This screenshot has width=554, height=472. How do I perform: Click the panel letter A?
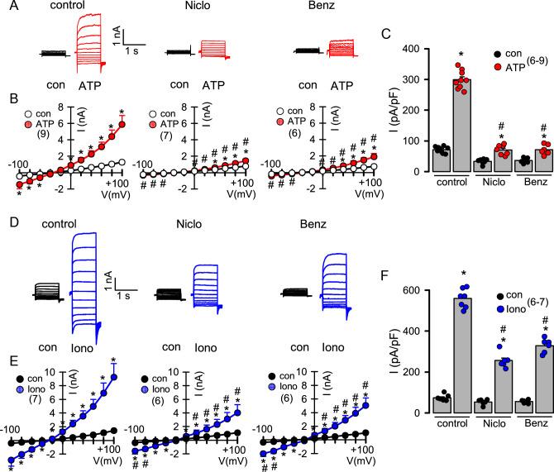7,7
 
